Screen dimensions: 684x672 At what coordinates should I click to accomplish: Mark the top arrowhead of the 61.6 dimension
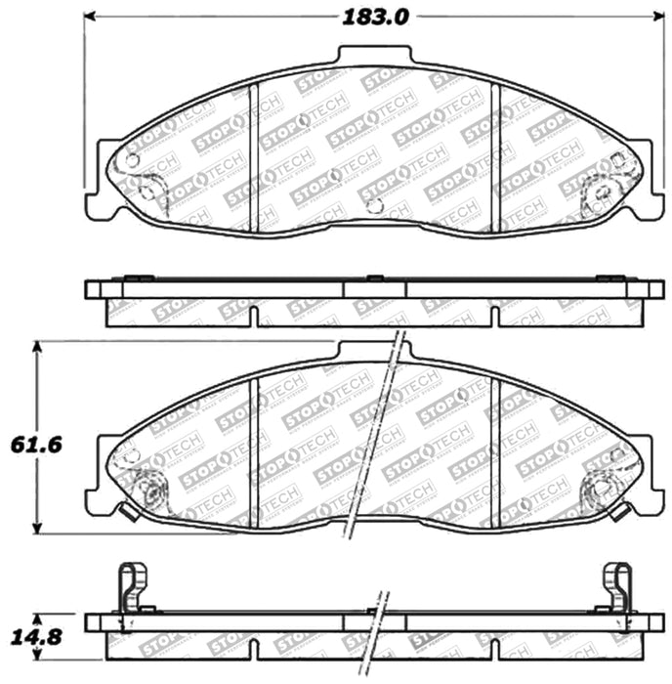(x=37, y=346)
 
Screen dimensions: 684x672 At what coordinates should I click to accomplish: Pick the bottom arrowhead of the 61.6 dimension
(x=37, y=529)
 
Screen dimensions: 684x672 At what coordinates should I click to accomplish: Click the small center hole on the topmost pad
(x=375, y=204)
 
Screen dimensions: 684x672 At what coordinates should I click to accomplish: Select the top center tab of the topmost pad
(x=374, y=56)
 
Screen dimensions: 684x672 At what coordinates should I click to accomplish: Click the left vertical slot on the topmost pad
(x=253, y=156)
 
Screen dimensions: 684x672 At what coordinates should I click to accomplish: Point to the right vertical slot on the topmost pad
(x=496, y=156)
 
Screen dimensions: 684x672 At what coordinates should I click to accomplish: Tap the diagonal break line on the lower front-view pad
(x=376, y=440)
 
